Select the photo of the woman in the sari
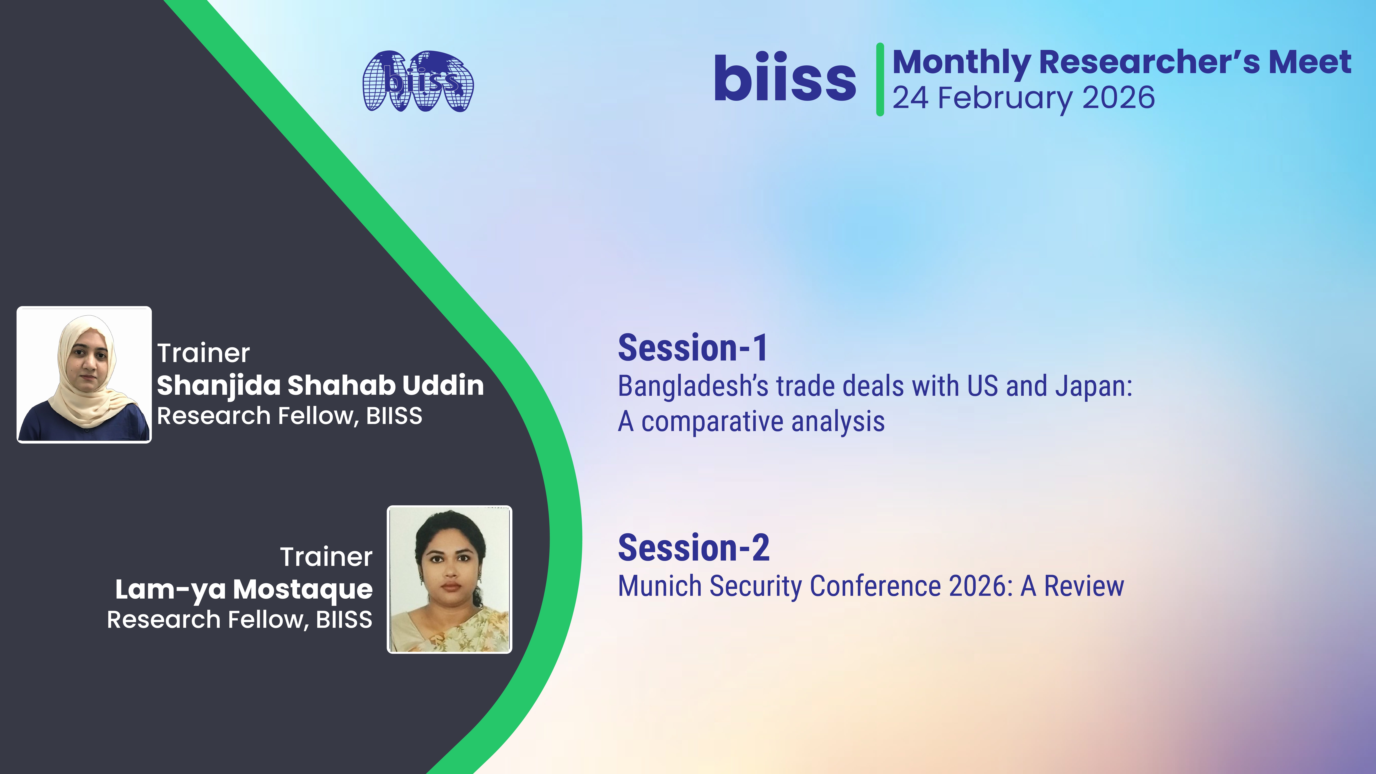(449, 580)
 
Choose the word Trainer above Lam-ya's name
(326, 557)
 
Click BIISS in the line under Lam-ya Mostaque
(344, 620)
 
